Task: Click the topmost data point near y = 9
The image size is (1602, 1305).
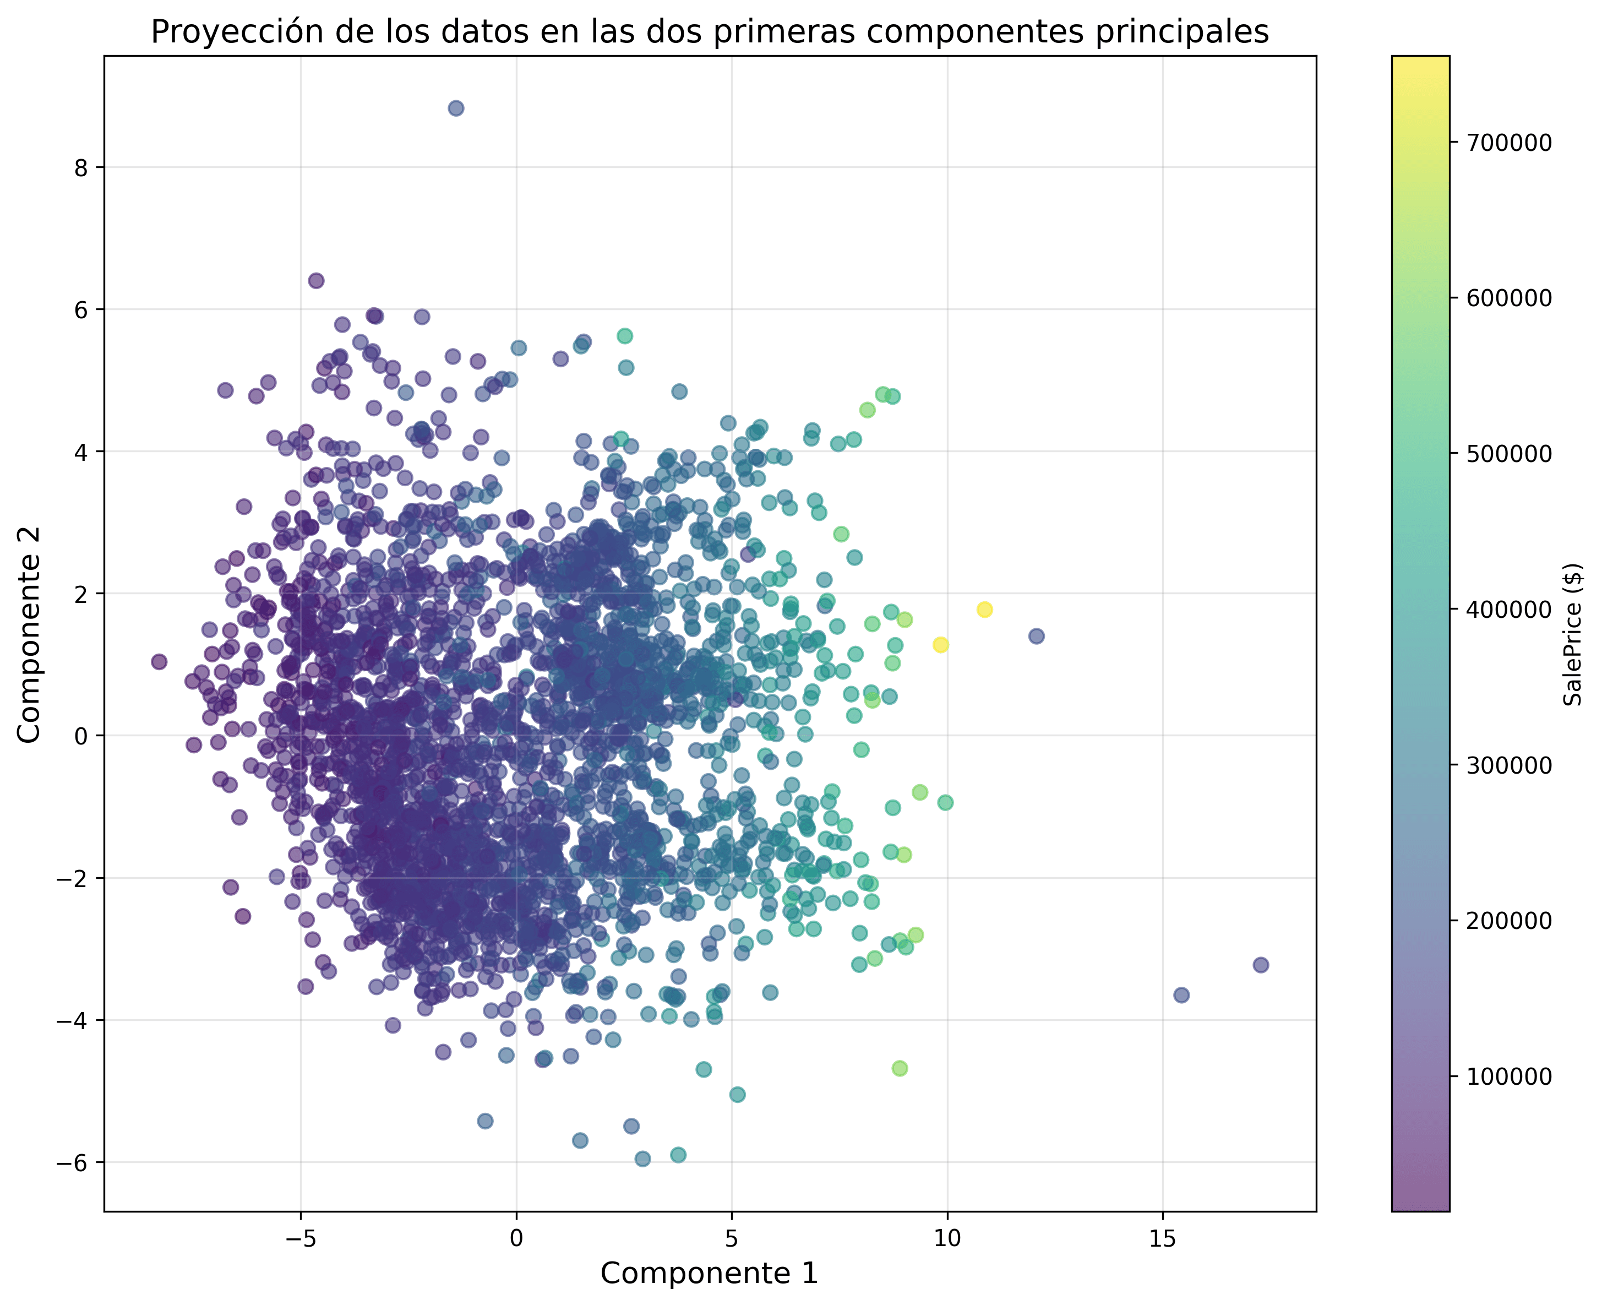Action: [455, 108]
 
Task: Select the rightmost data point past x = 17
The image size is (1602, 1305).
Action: [1261, 965]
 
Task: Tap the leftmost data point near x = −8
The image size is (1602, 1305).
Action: [159, 661]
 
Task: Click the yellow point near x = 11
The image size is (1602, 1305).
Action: [984, 610]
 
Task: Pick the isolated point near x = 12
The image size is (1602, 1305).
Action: [1036, 636]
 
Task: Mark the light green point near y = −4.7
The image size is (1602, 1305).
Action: [900, 1068]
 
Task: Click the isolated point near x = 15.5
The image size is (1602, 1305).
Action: [1181, 996]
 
